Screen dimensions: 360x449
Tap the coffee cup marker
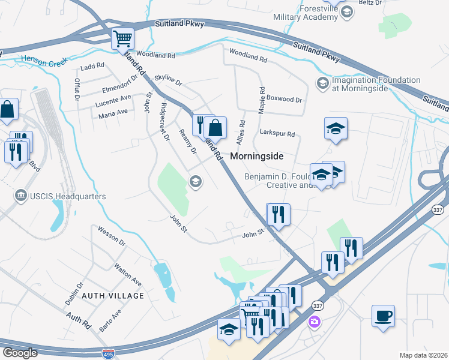tap(383, 316)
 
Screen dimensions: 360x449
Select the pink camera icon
tap(314, 322)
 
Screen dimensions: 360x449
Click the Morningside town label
tap(256, 155)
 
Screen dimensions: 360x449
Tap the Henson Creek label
tap(42, 59)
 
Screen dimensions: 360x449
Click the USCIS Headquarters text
tap(67, 196)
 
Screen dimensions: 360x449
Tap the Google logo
tap(19, 353)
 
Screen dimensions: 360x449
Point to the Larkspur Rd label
tap(277, 134)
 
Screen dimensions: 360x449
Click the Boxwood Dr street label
tap(284, 98)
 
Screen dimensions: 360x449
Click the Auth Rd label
tap(78, 320)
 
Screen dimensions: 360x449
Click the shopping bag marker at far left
tap(8, 109)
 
